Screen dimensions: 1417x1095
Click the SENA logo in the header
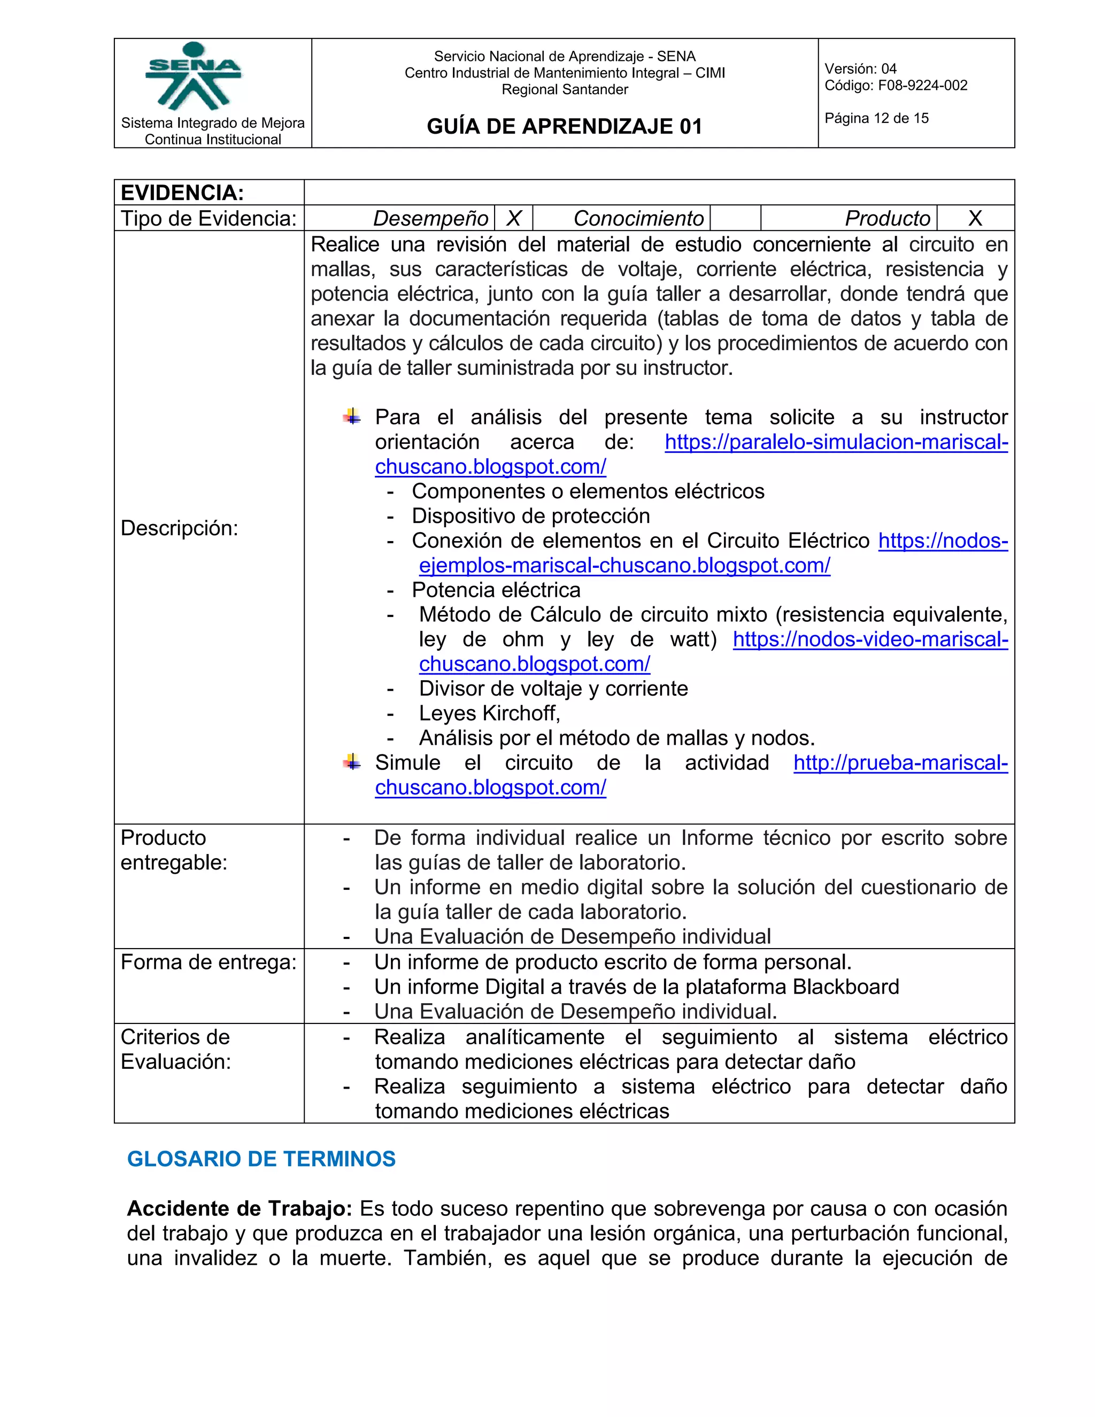click(x=194, y=76)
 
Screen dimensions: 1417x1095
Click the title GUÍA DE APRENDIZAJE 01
click(x=565, y=126)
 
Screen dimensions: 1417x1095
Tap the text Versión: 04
click(x=860, y=69)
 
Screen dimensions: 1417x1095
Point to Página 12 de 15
click(x=876, y=118)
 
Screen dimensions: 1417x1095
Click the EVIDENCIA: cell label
click(x=182, y=192)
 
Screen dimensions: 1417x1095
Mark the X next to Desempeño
click(x=514, y=219)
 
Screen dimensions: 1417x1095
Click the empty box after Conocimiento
click(x=735, y=219)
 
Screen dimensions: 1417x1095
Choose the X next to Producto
click(x=975, y=219)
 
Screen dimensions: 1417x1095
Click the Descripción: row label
click(x=180, y=528)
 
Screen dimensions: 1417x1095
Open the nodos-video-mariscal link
click(x=870, y=640)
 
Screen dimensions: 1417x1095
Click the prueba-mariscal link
click(x=900, y=763)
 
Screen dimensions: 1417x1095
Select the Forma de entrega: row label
click(x=208, y=962)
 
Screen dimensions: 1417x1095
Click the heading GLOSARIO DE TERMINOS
click(x=261, y=1159)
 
